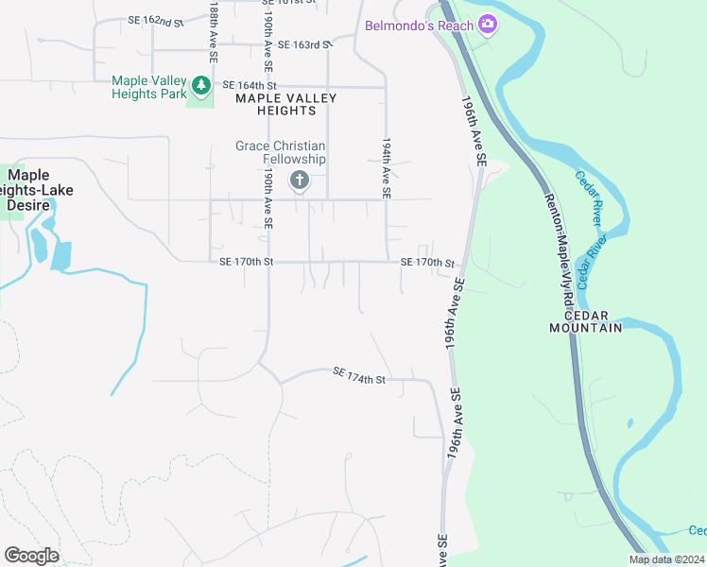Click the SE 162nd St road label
(x=155, y=21)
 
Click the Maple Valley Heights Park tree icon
(x=200, y=86)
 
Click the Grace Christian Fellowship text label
(x=281, y=152)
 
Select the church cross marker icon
(x=300, y=180)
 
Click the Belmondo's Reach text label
(x=419, y=26)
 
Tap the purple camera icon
(x=488, y=24)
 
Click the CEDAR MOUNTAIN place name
(x=586, y=321)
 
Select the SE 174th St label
(x=360, y=376)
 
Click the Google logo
(x=31, y=556)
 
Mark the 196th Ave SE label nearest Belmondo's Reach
(x=474, y=130)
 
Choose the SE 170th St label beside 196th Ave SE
(x=428, y=263)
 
